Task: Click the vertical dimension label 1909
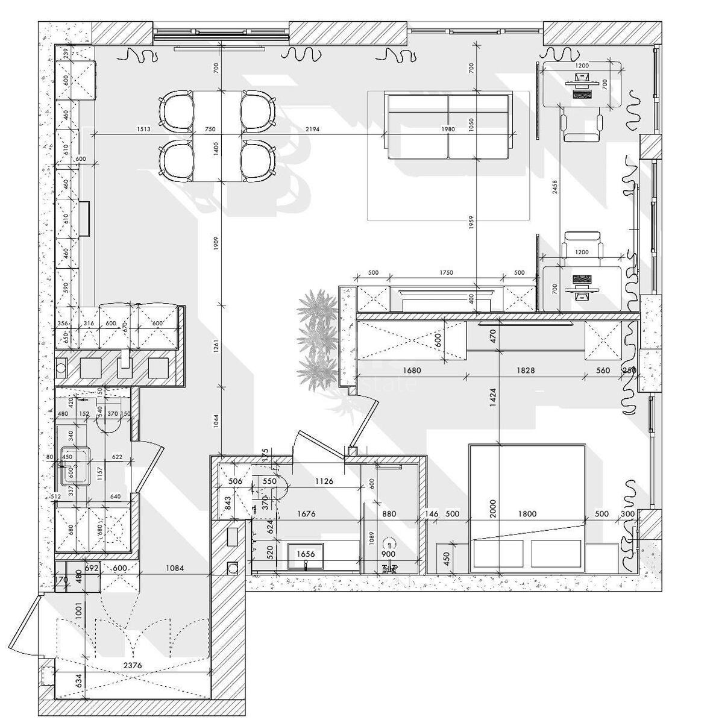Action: pos(216,246)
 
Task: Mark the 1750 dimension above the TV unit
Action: pos(446,273)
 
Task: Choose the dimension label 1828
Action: pos(526,371)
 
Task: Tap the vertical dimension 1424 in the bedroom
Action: pos(493,398)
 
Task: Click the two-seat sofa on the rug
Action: pos(448,127)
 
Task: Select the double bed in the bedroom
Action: pos(526,507)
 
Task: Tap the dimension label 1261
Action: pos(216,356)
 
